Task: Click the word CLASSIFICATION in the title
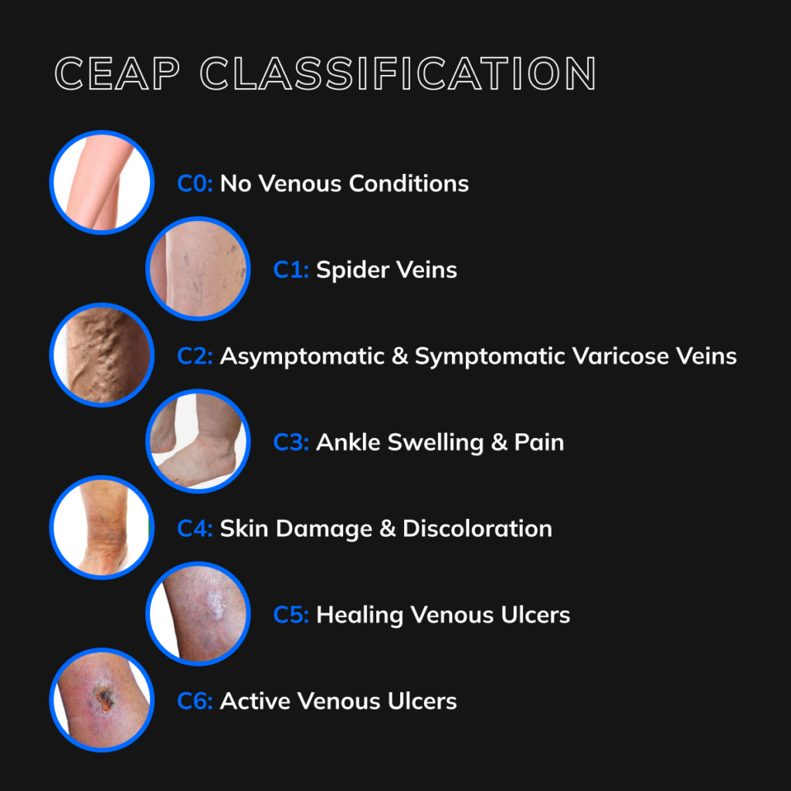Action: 398,74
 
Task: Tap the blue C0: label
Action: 195,184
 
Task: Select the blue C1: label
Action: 291,270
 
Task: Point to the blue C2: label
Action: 195,356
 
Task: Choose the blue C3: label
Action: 291,443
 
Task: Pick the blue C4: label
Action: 195,529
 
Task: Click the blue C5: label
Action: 291,616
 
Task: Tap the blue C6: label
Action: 195,701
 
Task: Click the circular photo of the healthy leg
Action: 102,182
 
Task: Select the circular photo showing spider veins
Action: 198,269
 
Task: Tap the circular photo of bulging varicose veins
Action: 102,355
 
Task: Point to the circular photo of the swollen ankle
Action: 198,442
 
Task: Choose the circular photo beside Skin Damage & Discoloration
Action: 102,528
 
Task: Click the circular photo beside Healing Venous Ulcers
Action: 198,615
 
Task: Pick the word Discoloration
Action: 477,529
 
